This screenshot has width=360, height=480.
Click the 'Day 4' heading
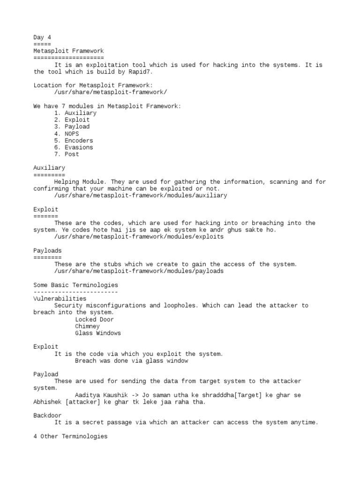pos(42,37)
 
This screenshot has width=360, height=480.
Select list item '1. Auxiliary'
pos(75,113)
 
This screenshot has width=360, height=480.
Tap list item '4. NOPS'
pos(66,134)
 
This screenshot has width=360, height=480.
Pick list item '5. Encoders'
pos(73,141)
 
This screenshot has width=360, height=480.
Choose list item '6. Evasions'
pos(73,147)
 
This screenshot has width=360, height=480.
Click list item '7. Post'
pos(66,154)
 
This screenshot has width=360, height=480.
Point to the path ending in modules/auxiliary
pos(141,195)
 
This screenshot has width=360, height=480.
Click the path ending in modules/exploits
pos(139,237)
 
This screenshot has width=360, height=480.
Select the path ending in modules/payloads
pos(139,271)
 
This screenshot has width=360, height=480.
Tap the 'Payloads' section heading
pos(47,251)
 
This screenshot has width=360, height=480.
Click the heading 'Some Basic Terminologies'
pos(75,285)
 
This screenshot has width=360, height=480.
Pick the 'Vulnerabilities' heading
pos(60,299)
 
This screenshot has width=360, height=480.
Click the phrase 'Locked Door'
pos(94,320)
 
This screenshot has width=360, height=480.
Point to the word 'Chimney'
pos(87,326)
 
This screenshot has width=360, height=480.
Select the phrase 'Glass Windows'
pos(97,333)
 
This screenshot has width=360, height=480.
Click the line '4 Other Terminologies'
pos(70,436)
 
